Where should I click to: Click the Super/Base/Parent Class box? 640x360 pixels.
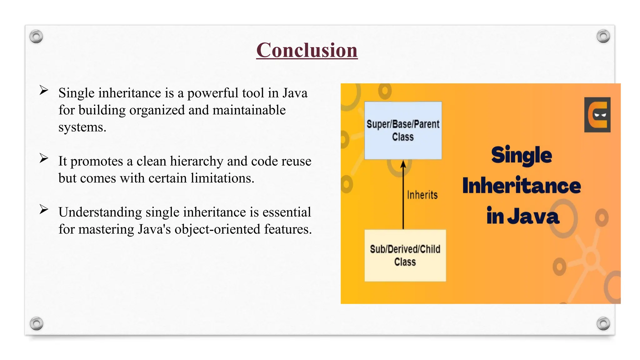tap(403, 130)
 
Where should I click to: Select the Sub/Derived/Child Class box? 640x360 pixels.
tap(405, 255)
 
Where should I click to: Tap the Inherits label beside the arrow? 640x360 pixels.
tap(422, 195)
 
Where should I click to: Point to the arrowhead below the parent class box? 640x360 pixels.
tap(403, 164)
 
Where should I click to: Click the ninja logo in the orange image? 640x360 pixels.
tap(597, 115)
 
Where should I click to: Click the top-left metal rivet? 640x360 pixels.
tap(36, 37)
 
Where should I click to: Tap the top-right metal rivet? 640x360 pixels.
tap(603, 36)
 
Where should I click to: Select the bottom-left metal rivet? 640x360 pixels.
tap(37, 323)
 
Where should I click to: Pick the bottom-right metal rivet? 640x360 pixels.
tap(603, 323)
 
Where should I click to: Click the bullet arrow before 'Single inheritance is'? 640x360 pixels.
tap(44, 90)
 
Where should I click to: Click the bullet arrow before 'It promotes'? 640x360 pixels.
tap(44, 158)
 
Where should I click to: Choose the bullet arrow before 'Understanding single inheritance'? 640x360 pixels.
tap(44, 209)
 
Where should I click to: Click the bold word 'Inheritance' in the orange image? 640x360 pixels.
tap(521, 186)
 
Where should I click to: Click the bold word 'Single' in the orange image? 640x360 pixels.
tap(521, 155)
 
